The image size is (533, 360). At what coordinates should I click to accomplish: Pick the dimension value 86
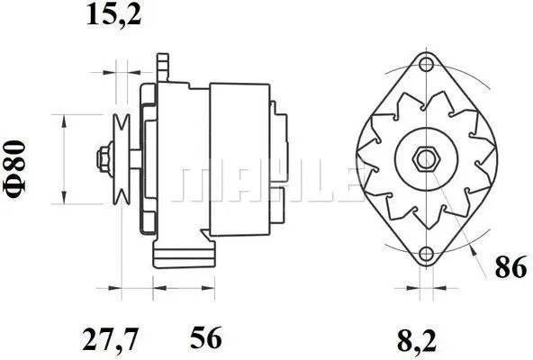point(510,267)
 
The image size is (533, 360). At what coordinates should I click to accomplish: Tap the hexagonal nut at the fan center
point(424,159)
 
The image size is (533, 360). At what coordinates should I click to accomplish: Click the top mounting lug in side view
point(162,66)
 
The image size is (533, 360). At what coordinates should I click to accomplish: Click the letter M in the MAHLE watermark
point(200,184)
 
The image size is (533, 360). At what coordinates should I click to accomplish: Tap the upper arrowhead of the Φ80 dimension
point(64,120)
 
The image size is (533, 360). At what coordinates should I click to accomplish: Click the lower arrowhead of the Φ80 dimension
point(64,200)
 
